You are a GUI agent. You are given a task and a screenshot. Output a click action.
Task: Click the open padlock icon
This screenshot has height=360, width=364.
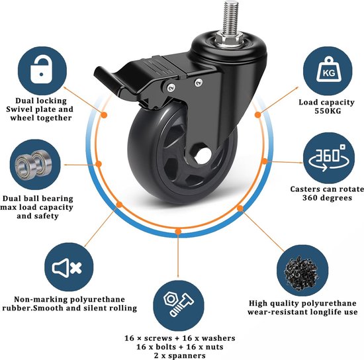pyautogui.click(x=41, y=71)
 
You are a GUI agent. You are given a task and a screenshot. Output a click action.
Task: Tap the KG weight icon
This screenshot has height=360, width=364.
pyautogui.click(x=329, y=69)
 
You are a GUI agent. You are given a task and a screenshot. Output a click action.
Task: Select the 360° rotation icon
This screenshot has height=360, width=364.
pyautogui.click(x=328, y=158)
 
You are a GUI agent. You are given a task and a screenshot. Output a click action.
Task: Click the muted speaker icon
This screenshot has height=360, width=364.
pyautogui.click(x=67, y=268)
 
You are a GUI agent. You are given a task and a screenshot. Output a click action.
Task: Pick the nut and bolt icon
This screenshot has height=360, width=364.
pyautogui.click(x=178, y=304)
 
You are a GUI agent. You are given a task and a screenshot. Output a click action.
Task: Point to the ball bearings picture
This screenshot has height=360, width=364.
pyautogui.click(x=34, y=164)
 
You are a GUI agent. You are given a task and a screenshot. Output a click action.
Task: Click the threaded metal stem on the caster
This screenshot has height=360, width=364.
pyautogui.click(x=230, y=17)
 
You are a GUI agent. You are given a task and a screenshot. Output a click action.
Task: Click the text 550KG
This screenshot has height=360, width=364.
pyautogui.click(x=328, y=111)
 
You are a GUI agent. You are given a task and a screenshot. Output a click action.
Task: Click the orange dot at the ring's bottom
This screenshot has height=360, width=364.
pyautogui.click(x=178, y=232)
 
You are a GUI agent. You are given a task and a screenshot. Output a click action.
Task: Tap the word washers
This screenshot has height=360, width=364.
pyautogui.click(x=218, y=338)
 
